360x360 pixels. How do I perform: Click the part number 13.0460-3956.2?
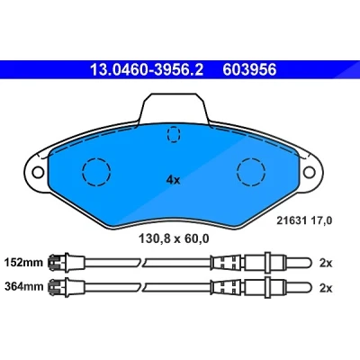coord(147,70)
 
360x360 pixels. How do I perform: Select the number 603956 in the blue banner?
coord(249,70)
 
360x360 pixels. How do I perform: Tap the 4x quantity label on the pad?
coord(173,180)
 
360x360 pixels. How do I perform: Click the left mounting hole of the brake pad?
coord(38,173)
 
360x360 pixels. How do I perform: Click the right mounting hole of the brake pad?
coord(310,173)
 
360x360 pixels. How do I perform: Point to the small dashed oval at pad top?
coord(174,134)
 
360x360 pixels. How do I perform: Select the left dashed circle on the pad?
coord(96,172)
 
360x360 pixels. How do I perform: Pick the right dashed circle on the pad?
coord(251,172)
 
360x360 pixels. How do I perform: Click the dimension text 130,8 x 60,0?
coord(174,238)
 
